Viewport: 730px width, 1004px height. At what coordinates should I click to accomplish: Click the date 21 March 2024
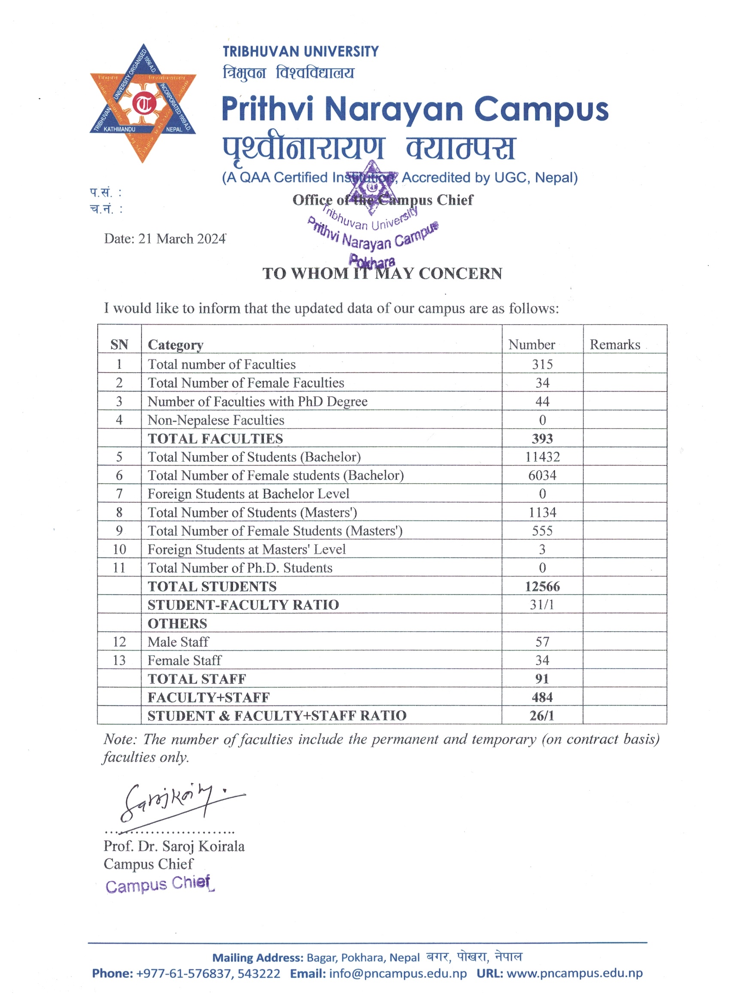click(165, 239)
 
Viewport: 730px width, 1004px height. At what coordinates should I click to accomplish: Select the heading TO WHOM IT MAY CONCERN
click(382, 273)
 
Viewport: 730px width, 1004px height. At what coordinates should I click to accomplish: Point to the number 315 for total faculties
click(542, 364)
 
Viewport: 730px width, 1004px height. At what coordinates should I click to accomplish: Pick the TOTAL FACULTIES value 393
click(542, 439)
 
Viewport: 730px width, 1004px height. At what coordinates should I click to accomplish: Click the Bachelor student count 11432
click(542, 457)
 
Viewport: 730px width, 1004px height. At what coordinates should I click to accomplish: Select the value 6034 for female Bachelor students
click(542, 475)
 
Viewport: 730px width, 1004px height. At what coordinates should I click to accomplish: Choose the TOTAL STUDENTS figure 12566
click(542, 587)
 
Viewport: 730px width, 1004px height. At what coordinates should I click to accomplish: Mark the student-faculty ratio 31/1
click(542, 605)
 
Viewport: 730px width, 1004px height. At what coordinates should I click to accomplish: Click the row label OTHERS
click(177, 624)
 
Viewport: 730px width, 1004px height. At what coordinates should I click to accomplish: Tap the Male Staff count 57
click(542, 642)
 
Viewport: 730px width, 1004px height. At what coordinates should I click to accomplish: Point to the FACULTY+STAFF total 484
click(542, 698)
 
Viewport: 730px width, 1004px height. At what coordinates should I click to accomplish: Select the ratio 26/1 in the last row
click(542, 716)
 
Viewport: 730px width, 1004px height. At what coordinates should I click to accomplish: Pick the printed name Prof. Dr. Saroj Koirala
click(174, 846)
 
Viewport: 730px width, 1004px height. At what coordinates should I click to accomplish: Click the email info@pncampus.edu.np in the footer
click(398, 974)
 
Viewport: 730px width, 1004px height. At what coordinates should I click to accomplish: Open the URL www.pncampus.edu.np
click(574, 974)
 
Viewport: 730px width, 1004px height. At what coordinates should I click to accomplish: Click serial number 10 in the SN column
click(119, 549)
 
